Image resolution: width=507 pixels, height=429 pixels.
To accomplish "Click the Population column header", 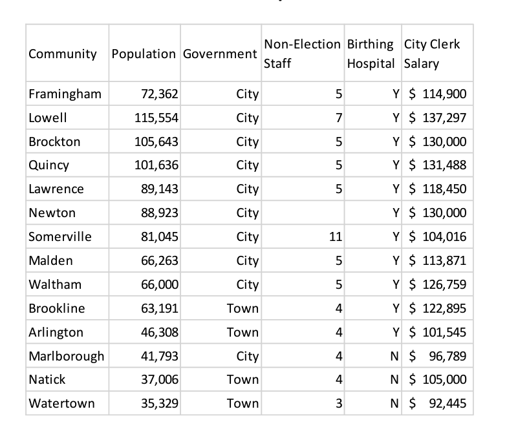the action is click(x=144, y=54).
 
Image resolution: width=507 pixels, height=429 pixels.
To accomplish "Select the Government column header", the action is click(x=220, y=54).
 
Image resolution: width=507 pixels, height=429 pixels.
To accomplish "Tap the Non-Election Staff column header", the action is click(x=303, y=54).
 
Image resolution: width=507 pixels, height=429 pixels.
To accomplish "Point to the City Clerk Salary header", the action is click(x=432, y=54).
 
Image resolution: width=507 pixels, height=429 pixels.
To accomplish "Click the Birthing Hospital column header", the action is click(x=371, y=54).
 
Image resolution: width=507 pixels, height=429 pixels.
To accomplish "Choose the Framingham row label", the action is click(x=65, y=94).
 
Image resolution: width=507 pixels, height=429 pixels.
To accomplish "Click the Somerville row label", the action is click(x=60, y=236).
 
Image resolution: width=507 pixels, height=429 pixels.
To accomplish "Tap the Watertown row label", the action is click(x=62, y=403).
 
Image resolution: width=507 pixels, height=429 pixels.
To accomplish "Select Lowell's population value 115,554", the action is click(x=156, y=118).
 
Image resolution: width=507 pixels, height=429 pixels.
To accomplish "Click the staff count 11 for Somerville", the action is click(x=336, y=236).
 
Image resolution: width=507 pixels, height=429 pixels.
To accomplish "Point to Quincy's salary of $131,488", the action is click(x=438, y=165).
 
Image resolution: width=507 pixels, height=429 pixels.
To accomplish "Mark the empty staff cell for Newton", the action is click(x=303, y=213).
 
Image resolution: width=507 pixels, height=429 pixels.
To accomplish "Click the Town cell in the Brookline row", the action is click(x=243, y=309).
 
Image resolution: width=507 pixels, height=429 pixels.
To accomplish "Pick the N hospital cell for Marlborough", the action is click(x=394, y=356).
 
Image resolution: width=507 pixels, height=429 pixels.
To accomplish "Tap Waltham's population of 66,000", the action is click(x=160, y=284).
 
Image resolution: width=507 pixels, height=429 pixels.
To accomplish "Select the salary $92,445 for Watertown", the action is click(x=438, y=403).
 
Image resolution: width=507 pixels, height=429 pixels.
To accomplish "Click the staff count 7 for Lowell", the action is click(x=339, y=118).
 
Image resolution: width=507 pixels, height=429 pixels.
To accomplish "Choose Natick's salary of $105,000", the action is click(x=438, y=380).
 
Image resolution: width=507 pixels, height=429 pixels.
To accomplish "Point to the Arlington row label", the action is click(x=56, y=332).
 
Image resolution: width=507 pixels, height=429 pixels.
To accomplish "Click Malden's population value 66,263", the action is click(x=160, y=261).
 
